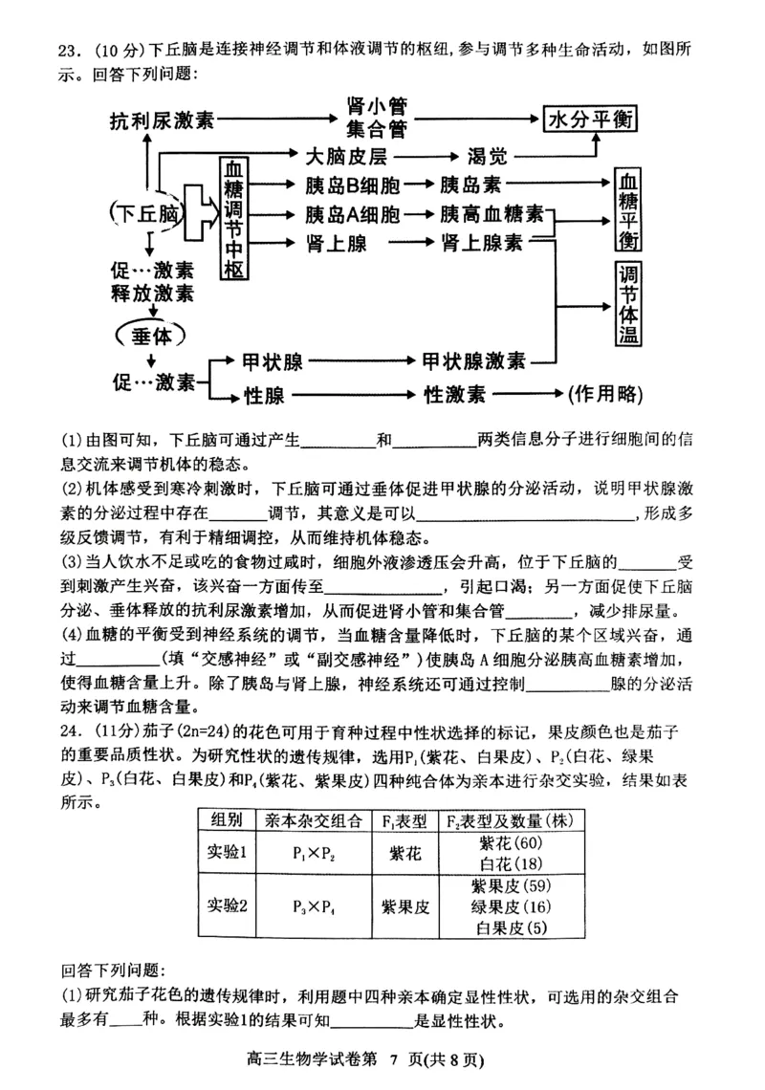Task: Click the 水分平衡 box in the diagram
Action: click(590, 120)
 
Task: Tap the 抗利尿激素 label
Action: click(162, 121)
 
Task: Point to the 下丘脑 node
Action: click(144, 213)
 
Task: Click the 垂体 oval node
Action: click(151, 335)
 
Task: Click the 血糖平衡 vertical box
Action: click(628, 208)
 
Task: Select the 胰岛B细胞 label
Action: click(352, 185)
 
